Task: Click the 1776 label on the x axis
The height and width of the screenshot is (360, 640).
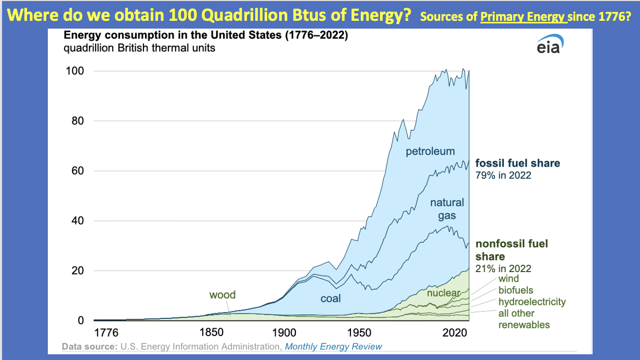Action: pyautogui.click(x=107, y=332)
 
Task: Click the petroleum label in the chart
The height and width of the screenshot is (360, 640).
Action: pyautogui.click(x=430, y=151)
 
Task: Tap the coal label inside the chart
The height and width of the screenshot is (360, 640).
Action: pyautogui.click(x=331, y=299)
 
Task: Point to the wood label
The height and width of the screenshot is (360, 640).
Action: pyautogui.click(x=223, y=295)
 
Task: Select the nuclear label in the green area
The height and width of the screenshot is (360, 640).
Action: pyautogui.click(x=443, y=293)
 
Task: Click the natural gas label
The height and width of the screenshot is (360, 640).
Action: pyautogui.click(x=447, y=209)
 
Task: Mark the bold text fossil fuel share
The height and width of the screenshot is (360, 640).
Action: pyautogui.click(x=518, y=163)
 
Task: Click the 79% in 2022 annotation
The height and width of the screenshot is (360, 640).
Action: pyautogui.click(x=503, y=175)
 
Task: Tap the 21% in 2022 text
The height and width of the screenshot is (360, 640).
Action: pyautogui.click(x=503, y=268)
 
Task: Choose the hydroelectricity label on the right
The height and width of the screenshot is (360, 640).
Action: pyautogui.click(x=532, y=302)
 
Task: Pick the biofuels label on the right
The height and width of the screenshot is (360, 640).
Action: pyautogui.click(x=516, y=290)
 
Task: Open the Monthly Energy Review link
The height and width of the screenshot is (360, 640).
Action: pyautogui.click(x=333, y=346)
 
